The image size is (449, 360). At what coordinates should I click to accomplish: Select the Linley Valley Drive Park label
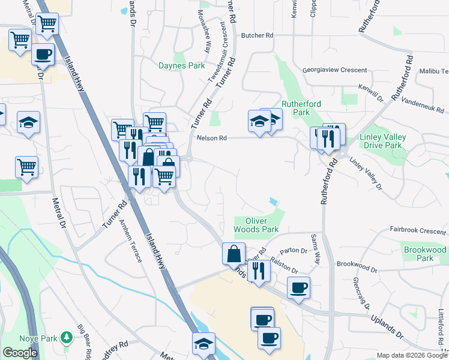tap(382, 141)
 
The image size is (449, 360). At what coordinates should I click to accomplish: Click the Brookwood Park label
tap(425, 253)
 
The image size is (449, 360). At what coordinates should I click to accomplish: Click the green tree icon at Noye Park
tap(66, 338)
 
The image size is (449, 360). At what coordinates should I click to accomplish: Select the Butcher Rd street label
tap(257, 35)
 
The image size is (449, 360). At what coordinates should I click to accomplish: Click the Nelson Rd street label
tap(212, 138)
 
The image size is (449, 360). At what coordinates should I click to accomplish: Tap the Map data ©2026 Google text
tap(412, 355)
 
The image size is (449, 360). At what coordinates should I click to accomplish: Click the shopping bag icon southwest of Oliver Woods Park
tap(233, 253)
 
